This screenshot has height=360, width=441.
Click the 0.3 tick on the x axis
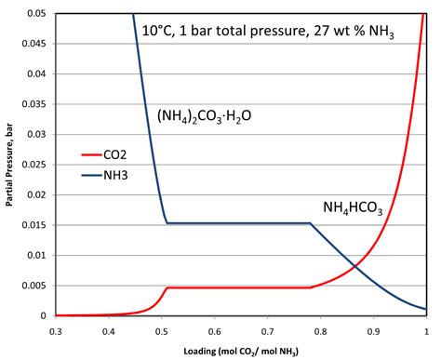click(56, 329)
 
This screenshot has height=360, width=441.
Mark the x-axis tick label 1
click(425, 329)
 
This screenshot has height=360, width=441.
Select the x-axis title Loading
click(240, 349)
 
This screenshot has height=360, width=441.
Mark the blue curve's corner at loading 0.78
click(310, 223)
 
